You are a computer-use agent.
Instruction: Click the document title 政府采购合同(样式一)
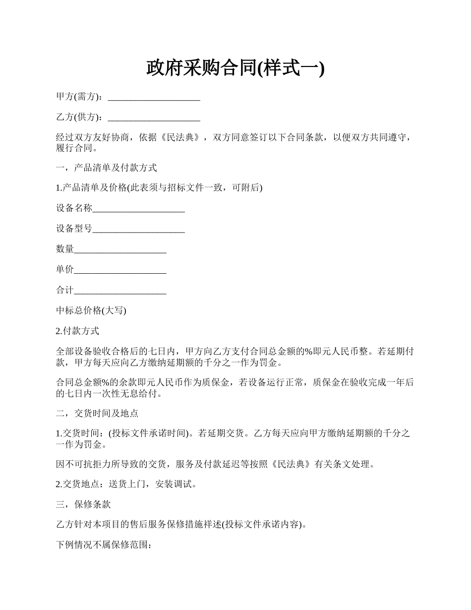pyautogui.click(x=235, y=68)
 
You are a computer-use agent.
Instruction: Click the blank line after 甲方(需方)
pyautogui.click(x=154, y=98)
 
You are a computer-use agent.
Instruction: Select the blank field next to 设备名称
pyautogui.click(x=139, y=209)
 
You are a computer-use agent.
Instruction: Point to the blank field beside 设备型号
pyautogui.click(x=139, y=229)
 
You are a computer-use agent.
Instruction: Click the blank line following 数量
pyautogui.click(x=120, y=249)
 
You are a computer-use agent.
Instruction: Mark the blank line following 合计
pyautogui.click(x=120, y=291)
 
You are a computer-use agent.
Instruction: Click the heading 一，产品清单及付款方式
pyautogui.click(x=107, y=168)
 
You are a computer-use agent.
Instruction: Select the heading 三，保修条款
pyautogui.click(x=83, y=504)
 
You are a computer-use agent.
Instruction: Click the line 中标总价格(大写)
pyautogui.click(x=91, y=311)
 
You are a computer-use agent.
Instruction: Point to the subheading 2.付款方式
pyautogui.click(x=77, y=331)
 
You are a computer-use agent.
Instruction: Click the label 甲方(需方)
pyautogui.click(x=79, y=97)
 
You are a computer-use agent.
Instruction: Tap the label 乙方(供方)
pyautogui.click(x=79, y=117)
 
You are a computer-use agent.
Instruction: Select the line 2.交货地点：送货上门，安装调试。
pyautogui.click(x=126, y=484)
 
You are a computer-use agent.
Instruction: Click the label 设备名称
pyautogui.click(x=74, y=208)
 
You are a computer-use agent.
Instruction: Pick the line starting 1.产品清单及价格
pyautogui.click(x=159, y=188)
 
